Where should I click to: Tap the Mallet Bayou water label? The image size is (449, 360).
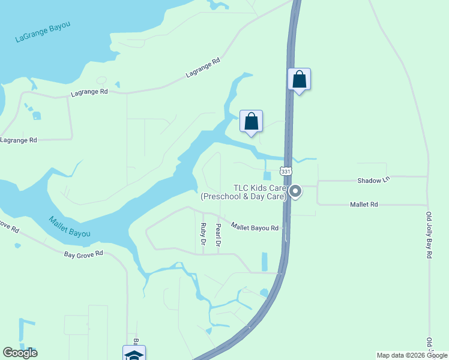click(x=69, y=226)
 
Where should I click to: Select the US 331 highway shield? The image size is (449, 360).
click(x=286, y=172)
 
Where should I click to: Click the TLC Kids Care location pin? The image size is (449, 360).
click(x=295, y=191)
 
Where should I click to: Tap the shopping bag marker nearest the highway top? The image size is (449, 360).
click(x=299, y=80)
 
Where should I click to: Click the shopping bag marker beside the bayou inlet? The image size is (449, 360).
click(x=252, y=122)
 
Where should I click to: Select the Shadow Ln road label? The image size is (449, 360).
click(x=373, y=180)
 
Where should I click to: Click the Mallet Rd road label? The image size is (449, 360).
click(x=364, y=205)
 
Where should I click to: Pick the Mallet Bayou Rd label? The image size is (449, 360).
click(x=255, y=227)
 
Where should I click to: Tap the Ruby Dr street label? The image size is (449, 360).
click(x=203, y=233)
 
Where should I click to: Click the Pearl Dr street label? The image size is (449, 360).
click(x=218, y=235)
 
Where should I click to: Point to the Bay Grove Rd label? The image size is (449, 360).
click(x=83, y=254)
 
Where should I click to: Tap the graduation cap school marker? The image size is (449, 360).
click(x=133, y=354)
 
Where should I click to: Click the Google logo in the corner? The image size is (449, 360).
click(x=20, y=353)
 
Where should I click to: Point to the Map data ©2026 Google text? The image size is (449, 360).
click(x=412, y=355)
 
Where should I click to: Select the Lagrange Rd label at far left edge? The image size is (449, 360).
click(x=18, y=140)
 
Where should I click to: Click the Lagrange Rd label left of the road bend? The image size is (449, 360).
click(x=89, y=92)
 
